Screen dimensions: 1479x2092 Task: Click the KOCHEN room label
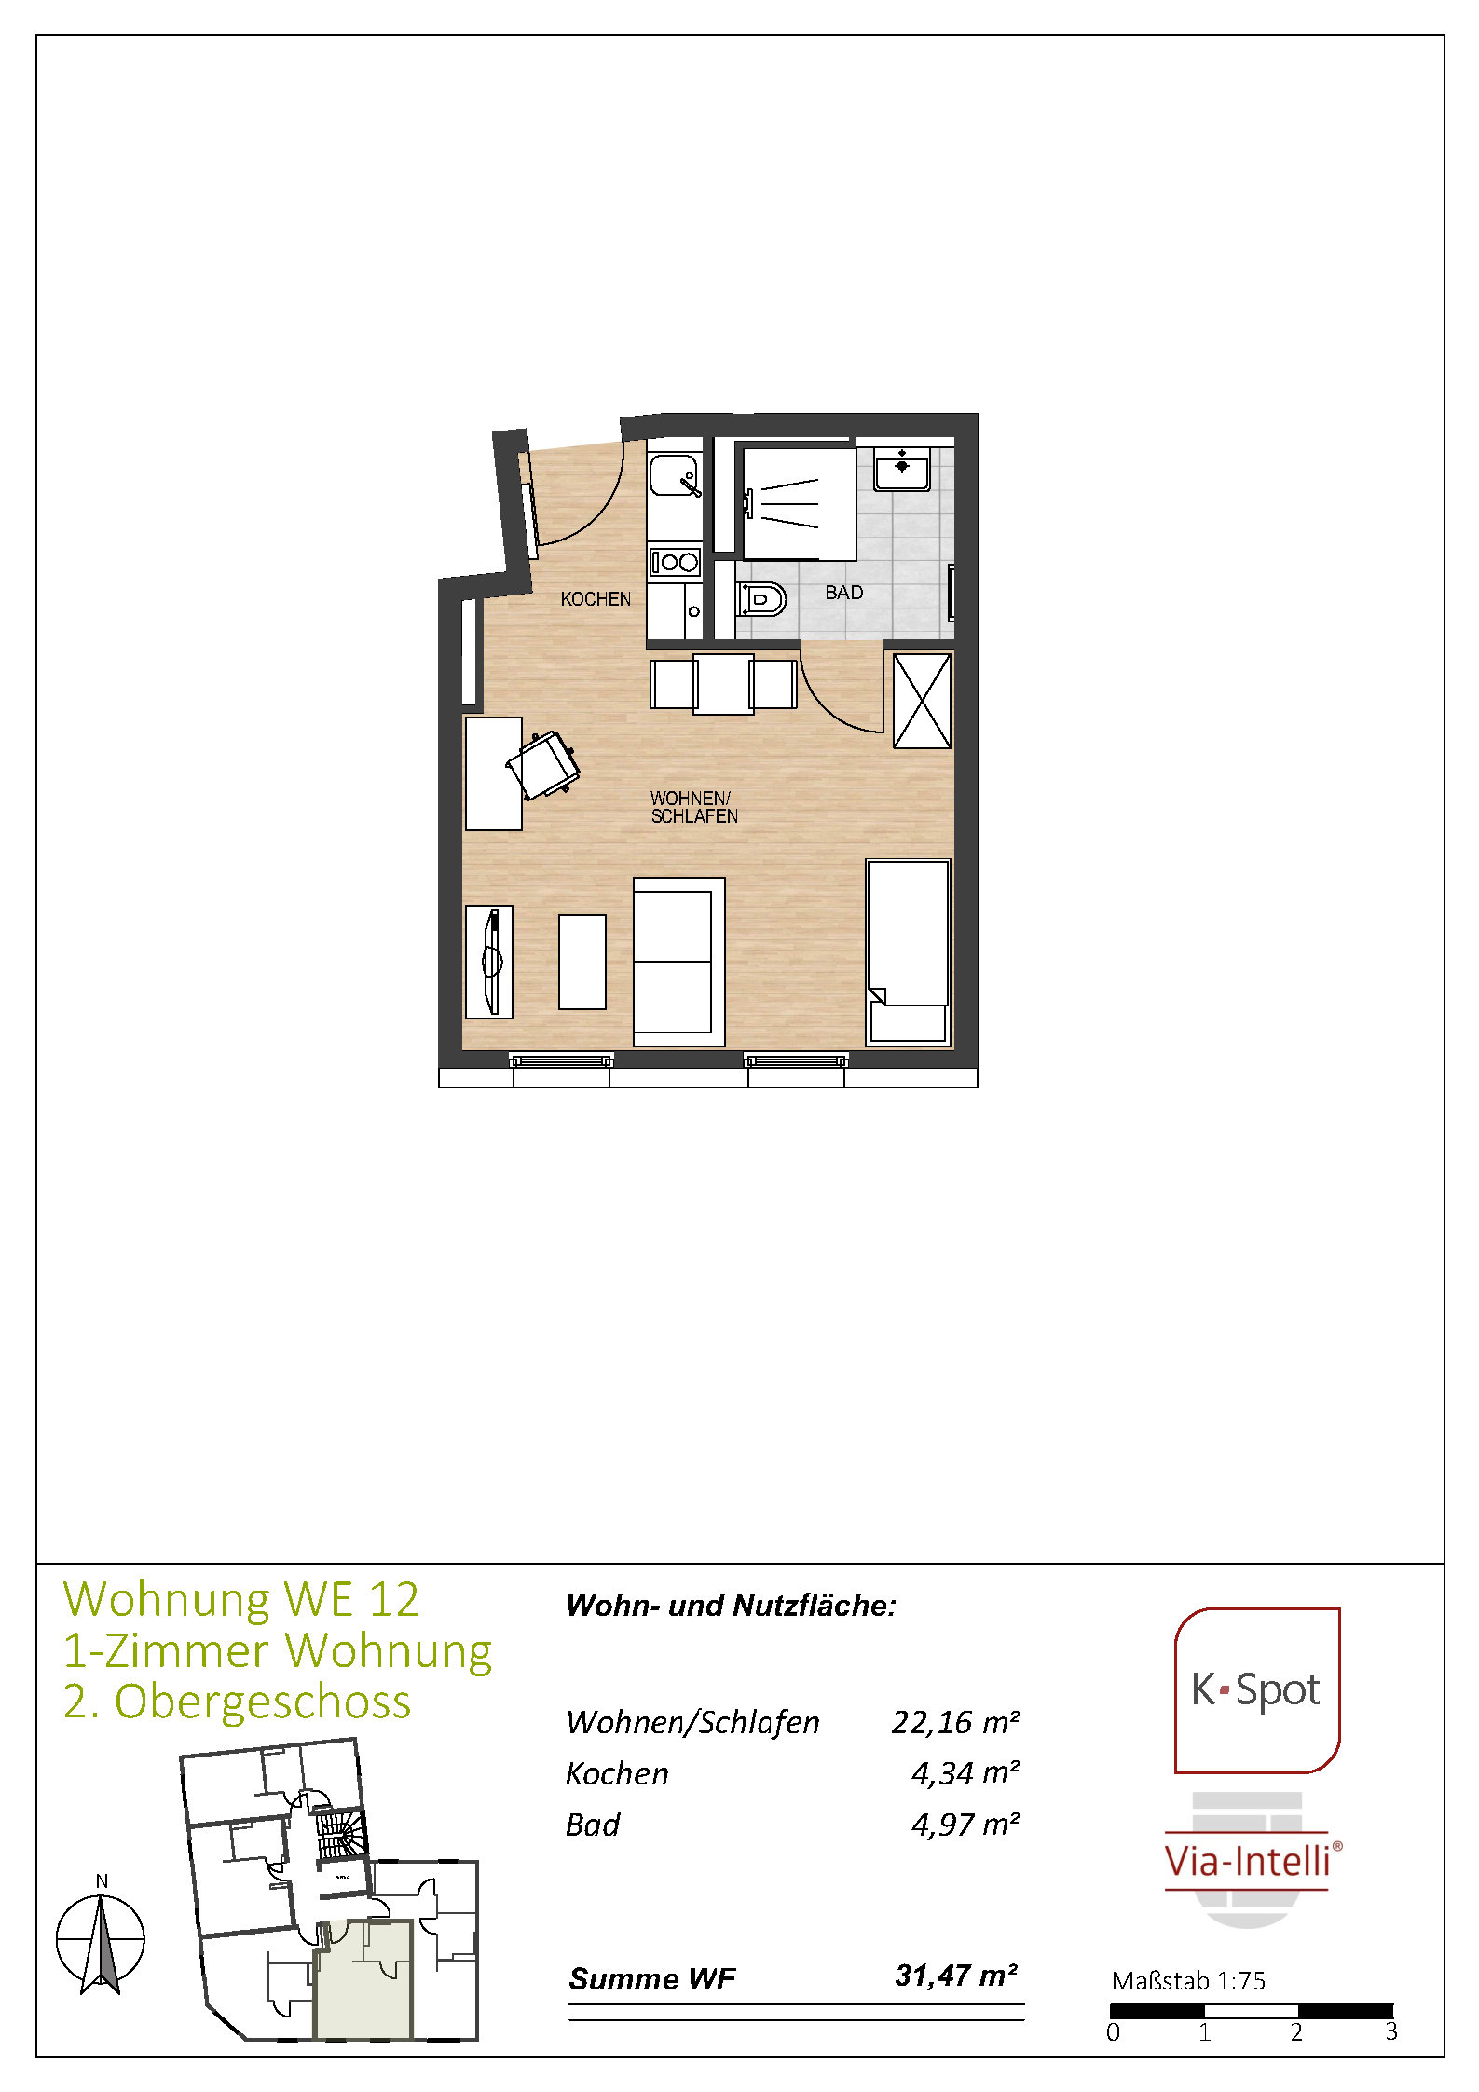tap(596, 599)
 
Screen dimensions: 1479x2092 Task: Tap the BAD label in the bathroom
tap(844, 593)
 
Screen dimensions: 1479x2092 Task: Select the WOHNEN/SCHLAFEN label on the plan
tap(694, 807)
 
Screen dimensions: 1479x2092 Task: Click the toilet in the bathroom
tap(761, 599)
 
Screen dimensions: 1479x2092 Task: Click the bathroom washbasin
tap(901, 469)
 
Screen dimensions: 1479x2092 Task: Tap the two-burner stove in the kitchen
tap(675, 562)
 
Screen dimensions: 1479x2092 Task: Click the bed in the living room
tap(909, 951)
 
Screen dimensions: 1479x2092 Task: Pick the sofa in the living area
tap(678, 962)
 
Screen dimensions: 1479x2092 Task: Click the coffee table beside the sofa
tap(582, 962)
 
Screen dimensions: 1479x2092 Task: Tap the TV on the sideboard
tap(492, 961)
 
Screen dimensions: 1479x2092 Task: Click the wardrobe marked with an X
tap(923, 701)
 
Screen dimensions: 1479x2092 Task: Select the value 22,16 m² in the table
tap(955, 1722)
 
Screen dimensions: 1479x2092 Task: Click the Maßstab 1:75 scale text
tap(1188, 1980)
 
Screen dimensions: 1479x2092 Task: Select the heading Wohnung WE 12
tap(241, 1599)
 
